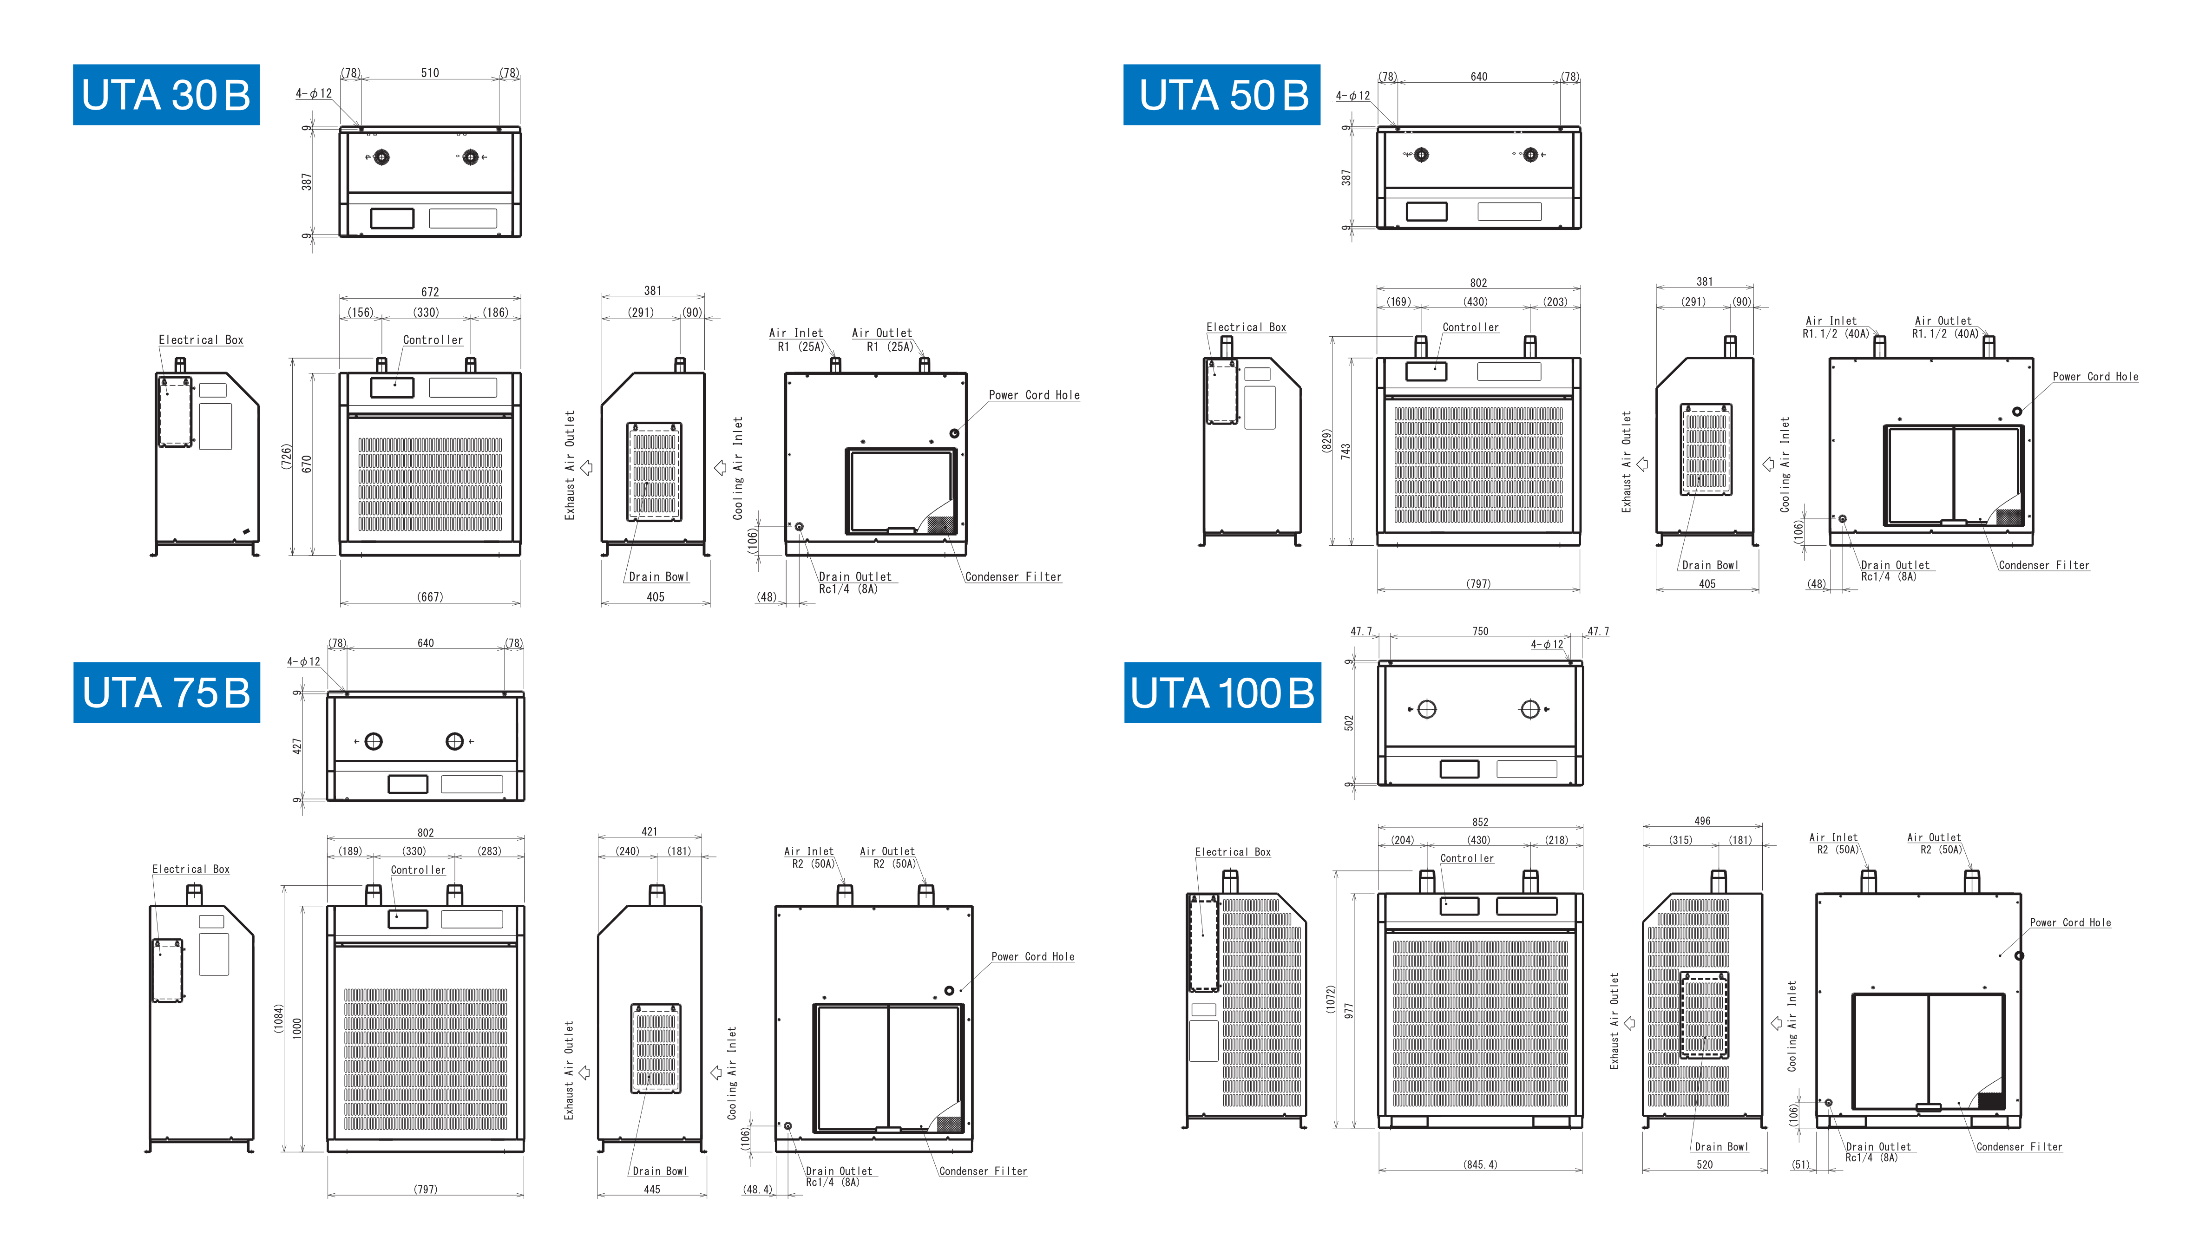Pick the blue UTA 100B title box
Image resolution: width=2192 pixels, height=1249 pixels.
(x=1222, y=692)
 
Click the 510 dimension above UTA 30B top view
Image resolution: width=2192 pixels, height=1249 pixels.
(x=430, y=73)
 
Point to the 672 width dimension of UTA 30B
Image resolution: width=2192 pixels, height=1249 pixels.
(x=430, y=292)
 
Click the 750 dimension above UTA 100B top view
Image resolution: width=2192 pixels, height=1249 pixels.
(x=1480, y=631)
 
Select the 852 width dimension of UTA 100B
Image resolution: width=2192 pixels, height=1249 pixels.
(x=1480, y=822)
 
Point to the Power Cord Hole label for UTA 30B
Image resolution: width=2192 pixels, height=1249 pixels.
(x=1034, y=395)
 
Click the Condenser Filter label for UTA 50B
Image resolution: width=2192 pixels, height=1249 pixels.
(x=2044, y=565)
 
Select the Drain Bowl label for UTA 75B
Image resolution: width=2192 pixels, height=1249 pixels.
(x=659, y=1171)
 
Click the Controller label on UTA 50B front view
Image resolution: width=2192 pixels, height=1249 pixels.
(x=1470, y=327)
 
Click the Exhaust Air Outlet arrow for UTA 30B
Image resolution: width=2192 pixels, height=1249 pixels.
(x=587, y=468)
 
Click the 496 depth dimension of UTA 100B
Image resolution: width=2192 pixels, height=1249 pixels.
(x=1702, y=821)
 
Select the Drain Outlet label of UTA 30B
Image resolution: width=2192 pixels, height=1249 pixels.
(x=854, y=582)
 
